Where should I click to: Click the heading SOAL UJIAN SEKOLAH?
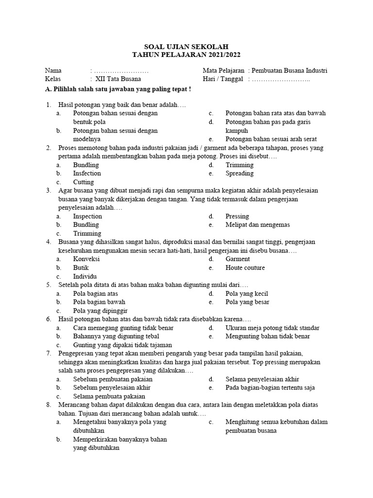click(x=186, y=46)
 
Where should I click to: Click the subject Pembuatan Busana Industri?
click(x=290, y=71)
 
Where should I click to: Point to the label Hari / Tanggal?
click(x=222, y=79)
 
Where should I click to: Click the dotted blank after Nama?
click(x=121, y=71)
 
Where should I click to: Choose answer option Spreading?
click(x=239, y=173)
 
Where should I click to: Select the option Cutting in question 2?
click(x=84, y=182)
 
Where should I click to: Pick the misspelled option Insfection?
click(x=87, y=173)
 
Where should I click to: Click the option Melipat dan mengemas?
click(x=257, y=225)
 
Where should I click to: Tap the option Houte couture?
click(x=245, y=267)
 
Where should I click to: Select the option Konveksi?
click(x=86, y=259)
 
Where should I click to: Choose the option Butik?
click(x=81, y=267)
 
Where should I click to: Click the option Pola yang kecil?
click(x=247, y=293)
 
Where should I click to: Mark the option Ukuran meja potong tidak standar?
click(x=272, y=328)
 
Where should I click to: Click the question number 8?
click(x=49, y=405)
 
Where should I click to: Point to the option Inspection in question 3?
click(x=87, y=216)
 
